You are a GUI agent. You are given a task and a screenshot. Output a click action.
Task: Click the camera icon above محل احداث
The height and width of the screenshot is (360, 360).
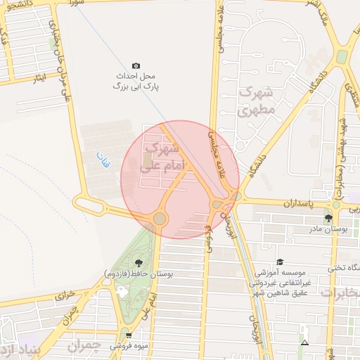(136, 65)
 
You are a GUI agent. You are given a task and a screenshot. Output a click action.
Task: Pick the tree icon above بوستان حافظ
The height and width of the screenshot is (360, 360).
(136, 263)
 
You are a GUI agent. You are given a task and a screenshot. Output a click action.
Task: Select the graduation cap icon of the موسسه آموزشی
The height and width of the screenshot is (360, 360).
(280, 262)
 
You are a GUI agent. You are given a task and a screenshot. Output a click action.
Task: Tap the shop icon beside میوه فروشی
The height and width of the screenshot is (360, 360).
(128, 335)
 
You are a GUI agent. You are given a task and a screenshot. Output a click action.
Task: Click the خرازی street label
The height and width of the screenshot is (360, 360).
(65, 295)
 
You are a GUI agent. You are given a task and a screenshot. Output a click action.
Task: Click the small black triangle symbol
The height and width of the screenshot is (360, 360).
(304, 342)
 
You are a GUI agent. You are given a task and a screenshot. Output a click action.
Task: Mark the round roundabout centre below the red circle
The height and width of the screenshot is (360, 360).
(160, 219)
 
